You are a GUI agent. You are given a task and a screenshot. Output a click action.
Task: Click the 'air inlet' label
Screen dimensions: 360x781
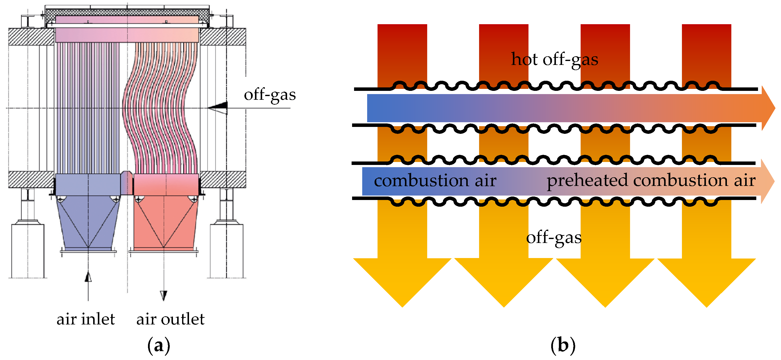click(86, 319)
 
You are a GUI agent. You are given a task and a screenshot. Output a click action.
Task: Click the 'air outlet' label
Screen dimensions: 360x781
click(170, 319)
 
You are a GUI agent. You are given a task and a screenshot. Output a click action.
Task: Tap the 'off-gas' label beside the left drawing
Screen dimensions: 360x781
click(270, 95)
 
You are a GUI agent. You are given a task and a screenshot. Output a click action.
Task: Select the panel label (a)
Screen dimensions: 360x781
click(159, 345)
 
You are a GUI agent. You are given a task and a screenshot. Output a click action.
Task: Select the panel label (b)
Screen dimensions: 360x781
click(563, 345)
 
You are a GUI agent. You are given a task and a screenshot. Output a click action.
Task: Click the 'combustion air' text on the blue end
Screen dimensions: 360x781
click(435, 180)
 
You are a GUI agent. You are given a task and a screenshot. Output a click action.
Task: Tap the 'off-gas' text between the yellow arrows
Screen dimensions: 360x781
click(554, 237)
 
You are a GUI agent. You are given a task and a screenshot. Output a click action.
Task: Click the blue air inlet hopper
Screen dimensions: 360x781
click(88, 221)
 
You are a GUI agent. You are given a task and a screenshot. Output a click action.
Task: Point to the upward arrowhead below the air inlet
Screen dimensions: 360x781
click(88, 277)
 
